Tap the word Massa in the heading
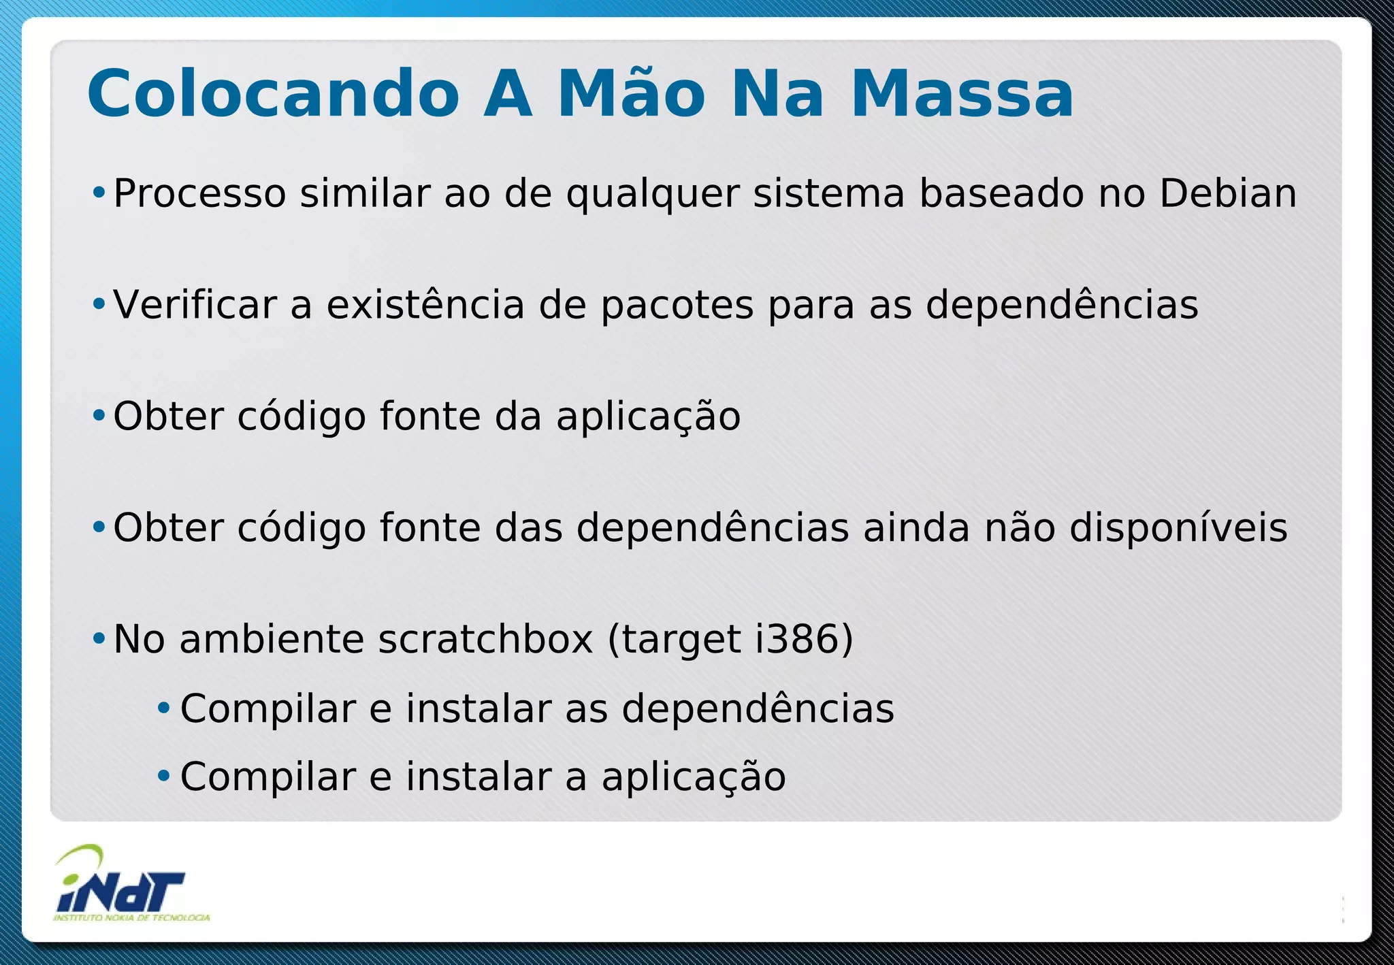[962, 94]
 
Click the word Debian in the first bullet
[1228, 193]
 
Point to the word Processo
[199, 195]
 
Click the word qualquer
[653, 195]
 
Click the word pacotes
[677, 306]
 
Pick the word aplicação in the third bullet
[648, 417]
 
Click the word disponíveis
[1178, 529]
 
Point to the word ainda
[916, 528]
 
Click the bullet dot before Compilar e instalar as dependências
[163, 708]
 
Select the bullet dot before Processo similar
[99, 193]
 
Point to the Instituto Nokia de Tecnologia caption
[131, 918]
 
